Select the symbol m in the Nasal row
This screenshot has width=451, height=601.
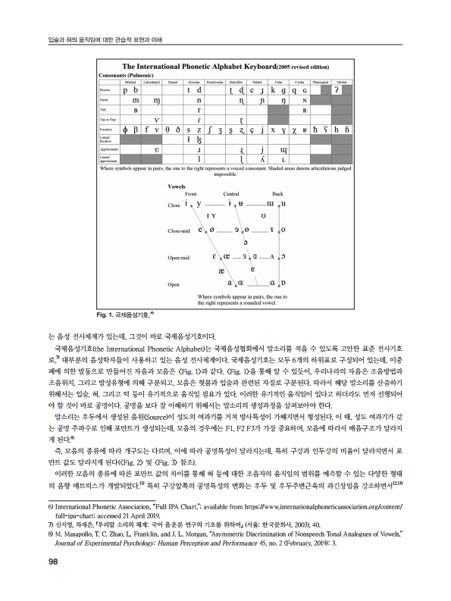(x=135, y=100)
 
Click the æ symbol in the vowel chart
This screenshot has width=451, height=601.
(x=221, y=269)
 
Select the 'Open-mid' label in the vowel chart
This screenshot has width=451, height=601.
(x=175, y=258)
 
